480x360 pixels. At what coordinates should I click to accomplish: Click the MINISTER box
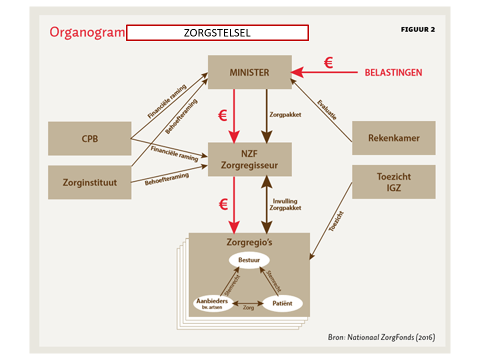click(x=249, y=72)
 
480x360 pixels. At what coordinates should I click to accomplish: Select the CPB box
click(x=89, y=138)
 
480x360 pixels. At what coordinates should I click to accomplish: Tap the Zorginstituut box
click(x=89, y=182)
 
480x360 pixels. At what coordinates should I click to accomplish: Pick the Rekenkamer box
click(x=393, y=138)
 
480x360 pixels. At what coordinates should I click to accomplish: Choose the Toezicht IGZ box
click(x=393, y=182)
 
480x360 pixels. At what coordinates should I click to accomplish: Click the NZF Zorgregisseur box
click(x=249, y=159)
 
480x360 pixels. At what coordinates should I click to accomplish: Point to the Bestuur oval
click(x=249, y=260)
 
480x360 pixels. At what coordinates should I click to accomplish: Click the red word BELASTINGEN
click(x=393, y=72)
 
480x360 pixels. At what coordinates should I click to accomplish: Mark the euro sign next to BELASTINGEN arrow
click(x=328, y=63)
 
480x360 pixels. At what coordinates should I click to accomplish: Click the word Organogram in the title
click(x=86, y=32)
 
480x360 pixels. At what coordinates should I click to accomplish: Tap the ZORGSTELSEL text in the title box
click(x=217, y=33)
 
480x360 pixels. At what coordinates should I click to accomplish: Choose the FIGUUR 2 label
click(x=417, y=29)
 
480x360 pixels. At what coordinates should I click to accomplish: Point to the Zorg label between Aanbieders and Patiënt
click(x=248, y=308)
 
